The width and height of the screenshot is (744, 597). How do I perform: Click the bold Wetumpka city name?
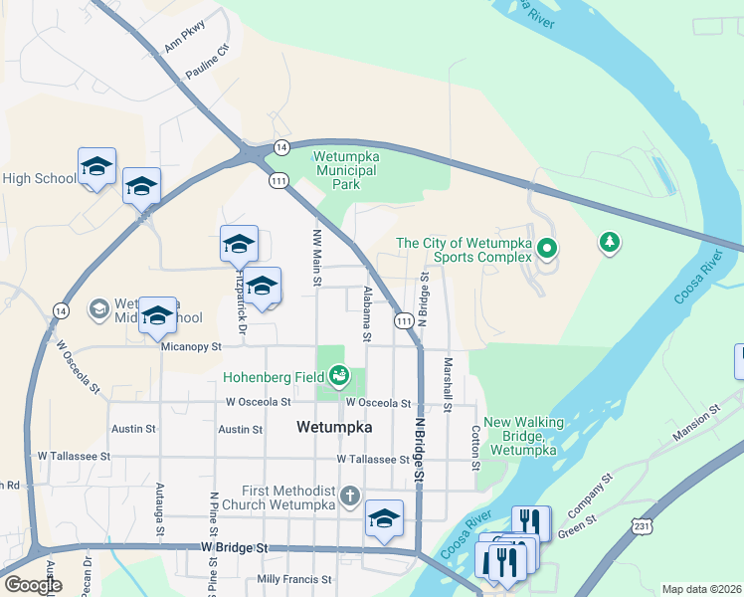[x=335, y=427]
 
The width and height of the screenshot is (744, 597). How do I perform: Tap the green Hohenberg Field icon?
[x=340, y=375]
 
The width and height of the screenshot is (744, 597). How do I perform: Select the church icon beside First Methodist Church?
[x=348, y=496]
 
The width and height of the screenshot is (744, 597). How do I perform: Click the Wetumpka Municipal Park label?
[x=345, y=170]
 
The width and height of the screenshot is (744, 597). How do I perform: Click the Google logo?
[x=32, y=585]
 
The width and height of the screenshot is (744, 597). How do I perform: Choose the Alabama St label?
[x=367, y=314]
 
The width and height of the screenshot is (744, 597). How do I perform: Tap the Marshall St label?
[x=449, y=384]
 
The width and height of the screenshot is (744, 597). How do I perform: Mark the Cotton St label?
[x=475, y=448]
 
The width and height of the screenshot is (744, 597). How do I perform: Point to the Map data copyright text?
[x=702, y=589]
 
